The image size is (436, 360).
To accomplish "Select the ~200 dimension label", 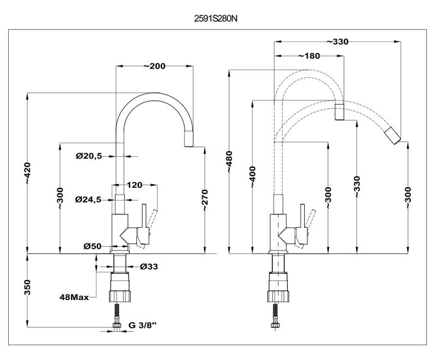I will tap(155, 66).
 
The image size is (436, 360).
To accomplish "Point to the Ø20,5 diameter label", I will tap(89, 156).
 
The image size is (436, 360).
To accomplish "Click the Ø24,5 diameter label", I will tap(89, 199).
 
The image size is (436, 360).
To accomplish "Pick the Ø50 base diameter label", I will tap(93, 246).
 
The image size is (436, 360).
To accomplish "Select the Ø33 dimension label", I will tap(148, 266).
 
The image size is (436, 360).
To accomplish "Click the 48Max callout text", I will tap(74, 298).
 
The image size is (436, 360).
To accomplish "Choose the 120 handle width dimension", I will tap(135, 185).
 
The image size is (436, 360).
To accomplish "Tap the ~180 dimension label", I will tap(309, 56).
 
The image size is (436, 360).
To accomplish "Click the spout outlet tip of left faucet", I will tap(187, 139).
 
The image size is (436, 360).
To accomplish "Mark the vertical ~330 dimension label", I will tap(357, 187).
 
